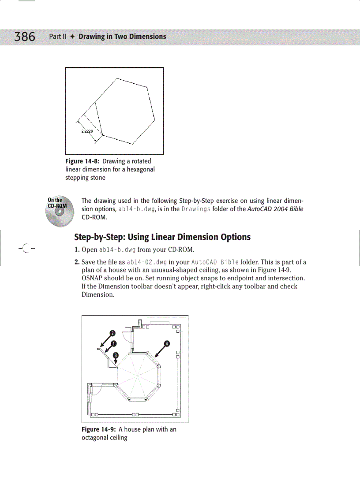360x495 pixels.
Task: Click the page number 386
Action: click(25, 37)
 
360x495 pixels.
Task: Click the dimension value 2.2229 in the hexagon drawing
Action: click(87, 131)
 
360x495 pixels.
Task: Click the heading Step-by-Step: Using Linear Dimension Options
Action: click(162, 237)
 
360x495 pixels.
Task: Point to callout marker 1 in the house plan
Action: click(113, 343)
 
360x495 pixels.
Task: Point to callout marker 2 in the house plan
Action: click(112, 333)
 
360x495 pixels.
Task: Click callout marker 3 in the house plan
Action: click(116, 355)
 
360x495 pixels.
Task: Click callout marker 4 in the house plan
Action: click(167, 343)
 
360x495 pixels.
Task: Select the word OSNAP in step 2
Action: click(92, 278)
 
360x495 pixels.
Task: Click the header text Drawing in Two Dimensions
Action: click(122, 37)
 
